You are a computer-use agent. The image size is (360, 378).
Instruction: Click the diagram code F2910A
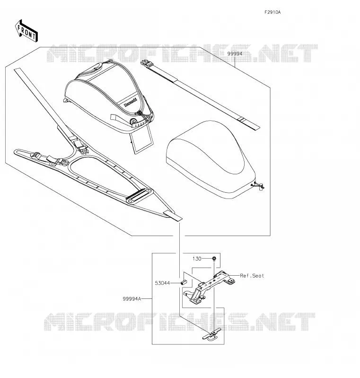tap(272, 12)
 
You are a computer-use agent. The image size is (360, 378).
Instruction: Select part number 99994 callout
tap(235, 54)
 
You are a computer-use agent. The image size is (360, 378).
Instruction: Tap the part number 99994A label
tap(132, 299)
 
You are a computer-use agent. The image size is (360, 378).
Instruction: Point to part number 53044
tap(162, 283)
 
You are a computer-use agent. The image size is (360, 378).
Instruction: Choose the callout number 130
tap(197, 259)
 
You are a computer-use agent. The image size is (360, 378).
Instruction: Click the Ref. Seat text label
tap(252, 276)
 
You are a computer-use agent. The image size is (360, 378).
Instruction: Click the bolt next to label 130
tap(214, 259)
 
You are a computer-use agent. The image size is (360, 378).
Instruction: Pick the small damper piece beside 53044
tap(184, 282)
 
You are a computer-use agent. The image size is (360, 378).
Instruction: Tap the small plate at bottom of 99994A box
tap(212, 335)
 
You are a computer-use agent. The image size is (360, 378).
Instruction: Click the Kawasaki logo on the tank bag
tap(131, 102)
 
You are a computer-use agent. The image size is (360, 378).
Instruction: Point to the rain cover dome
tap(210, 159)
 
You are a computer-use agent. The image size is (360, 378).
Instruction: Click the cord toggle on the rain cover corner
tap(258, 185)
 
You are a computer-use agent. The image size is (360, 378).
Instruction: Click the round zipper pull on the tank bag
tap(132, 121)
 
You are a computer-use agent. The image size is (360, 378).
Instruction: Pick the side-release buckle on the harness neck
tap(81, 145)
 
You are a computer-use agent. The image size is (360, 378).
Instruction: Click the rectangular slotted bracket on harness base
tap(140, 195)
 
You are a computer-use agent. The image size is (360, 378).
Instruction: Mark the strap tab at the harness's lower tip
tap(173, 216)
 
